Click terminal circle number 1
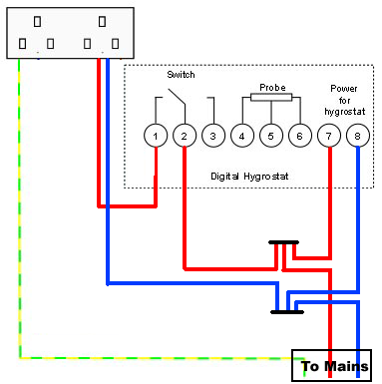pyautogui.click(x=154, y=135)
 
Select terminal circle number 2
pyautogui.click(x=184, y=135)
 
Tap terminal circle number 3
pyautogui.click(x=211, y=135)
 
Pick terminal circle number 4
pyautogui.click(x=241, y=135)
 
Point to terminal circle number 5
pyautogui.click(x=269, y=135)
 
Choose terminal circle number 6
pyautogui.click(x=298, y=135)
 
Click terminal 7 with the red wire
pyautogui.click(x=328, y=135)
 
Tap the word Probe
pyautogui.click(x=272, y=87)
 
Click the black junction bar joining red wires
pyautogui.click(x=285, y=242)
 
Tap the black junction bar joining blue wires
pyautogui.click(x=287, y=312)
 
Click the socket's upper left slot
pyautogui.click(x=38, y=20)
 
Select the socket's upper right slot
pyautogui.click(x=103, y=20)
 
